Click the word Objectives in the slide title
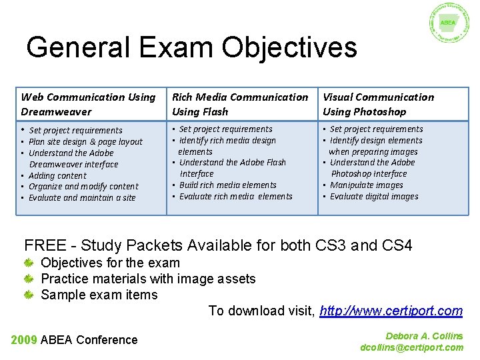289,48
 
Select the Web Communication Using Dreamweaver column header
88,105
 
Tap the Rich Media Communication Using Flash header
240,105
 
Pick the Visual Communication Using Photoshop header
378,105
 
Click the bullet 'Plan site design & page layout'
85,142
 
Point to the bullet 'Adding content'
57,176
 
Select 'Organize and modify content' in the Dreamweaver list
83,187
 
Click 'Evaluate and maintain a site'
82,198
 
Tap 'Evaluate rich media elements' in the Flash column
235,197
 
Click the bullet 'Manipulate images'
366,185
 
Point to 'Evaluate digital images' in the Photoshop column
374,197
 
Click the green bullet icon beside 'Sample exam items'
29,295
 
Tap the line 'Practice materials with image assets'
148,279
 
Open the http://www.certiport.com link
391,311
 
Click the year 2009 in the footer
24,340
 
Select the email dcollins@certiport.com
411,347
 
